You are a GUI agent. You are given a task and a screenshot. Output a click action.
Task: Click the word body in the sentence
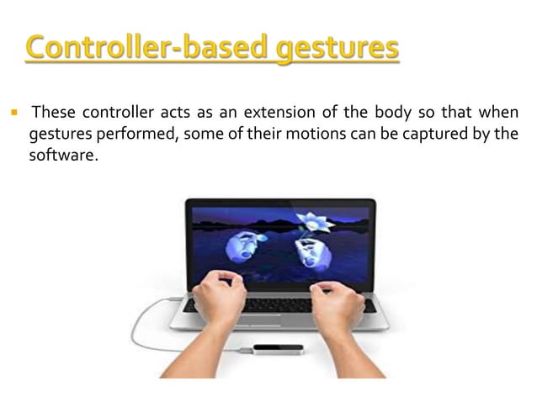tap(386, 114)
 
